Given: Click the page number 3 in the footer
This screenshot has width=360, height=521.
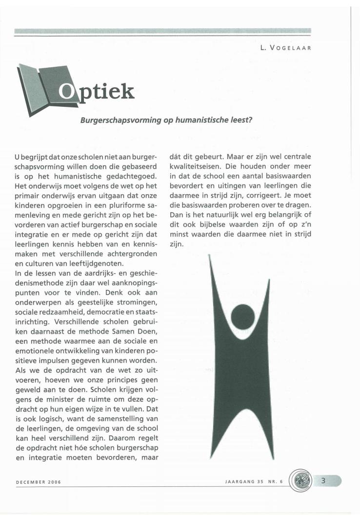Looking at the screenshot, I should tap(322, 481).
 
